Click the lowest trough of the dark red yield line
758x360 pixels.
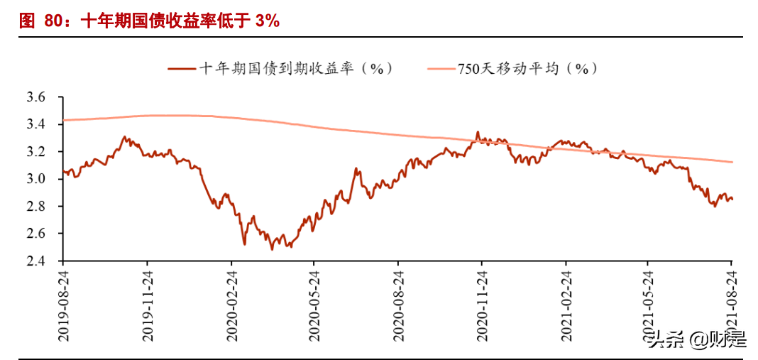coord(272,249)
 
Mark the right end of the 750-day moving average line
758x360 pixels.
coord(732,162)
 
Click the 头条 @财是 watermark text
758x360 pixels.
coord(698,339)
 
